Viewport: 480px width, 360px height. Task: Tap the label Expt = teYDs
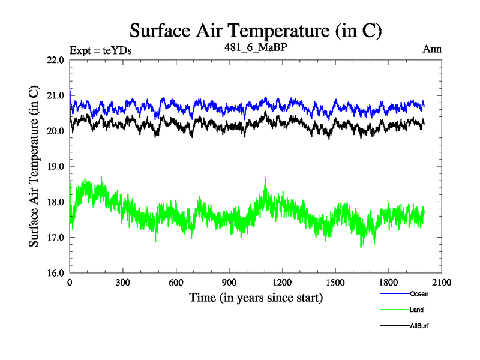tap(101, 50)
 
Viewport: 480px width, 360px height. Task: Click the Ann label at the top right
tap(432, 49)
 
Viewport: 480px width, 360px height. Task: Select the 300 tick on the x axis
tap(123, 283)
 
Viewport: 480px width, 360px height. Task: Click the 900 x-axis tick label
tap(229, 283)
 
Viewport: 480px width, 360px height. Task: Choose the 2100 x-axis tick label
tap(441, 283)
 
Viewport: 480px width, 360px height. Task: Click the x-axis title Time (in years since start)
tap(256, 297)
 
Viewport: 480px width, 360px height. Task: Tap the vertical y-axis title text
tap(35, 166)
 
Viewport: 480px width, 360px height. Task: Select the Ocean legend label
tap(419, 294)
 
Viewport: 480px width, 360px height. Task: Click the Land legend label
tap(417, 310)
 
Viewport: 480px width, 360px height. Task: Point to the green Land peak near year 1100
tap(265, 179)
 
